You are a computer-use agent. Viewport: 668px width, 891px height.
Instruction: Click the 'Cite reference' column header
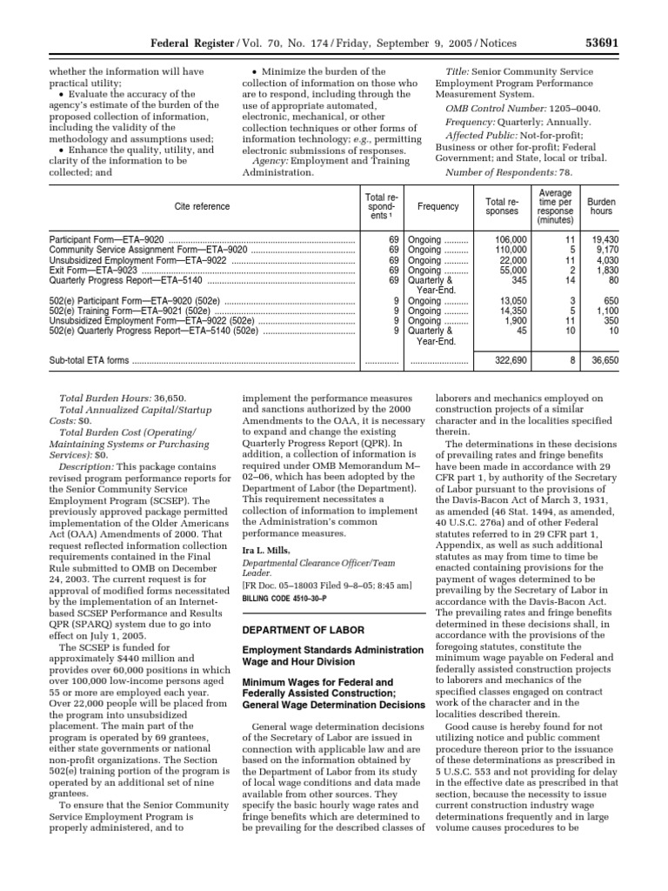(201, 206)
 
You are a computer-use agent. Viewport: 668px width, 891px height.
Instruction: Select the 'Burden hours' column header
(601, 206)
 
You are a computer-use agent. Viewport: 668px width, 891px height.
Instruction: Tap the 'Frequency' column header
(438, 206)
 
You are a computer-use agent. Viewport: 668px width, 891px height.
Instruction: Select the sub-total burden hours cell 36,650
(600, 359)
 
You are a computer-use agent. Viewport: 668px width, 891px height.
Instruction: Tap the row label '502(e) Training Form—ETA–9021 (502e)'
(130, 310)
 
